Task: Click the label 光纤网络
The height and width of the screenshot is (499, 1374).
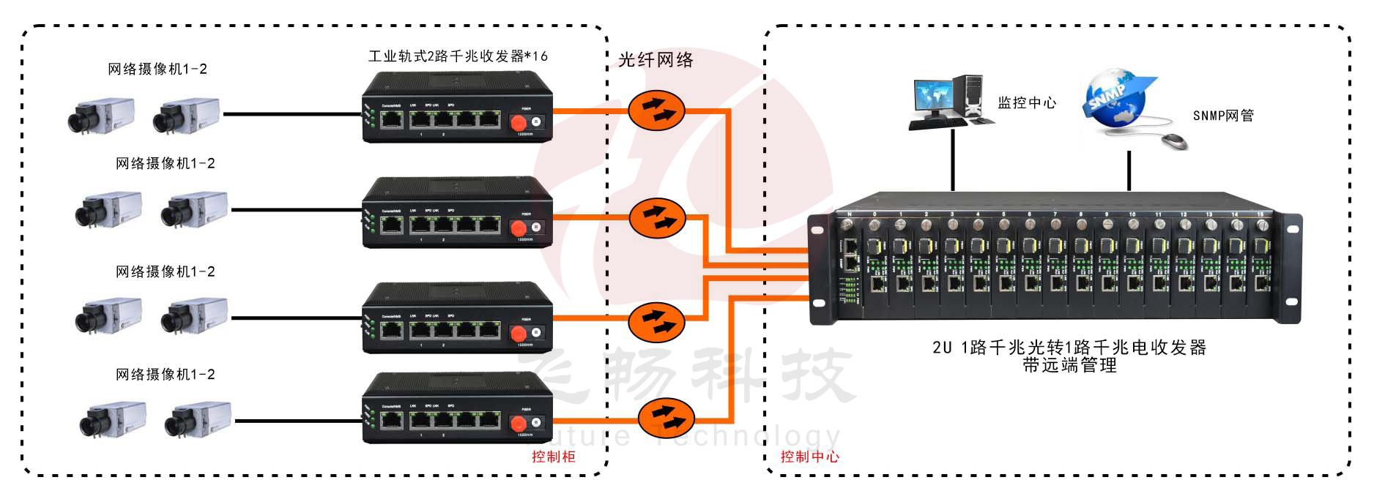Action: (x=656, y=60)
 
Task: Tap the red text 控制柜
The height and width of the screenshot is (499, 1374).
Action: (x=554, y=457)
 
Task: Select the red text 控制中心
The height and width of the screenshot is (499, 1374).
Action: (x=809, y=457)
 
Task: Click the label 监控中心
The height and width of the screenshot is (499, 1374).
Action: (x=1027, y=103)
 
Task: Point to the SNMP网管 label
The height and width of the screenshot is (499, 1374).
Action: (x=1223, y=116)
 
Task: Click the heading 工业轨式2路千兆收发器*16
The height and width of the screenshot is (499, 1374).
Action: (x=458, y=56)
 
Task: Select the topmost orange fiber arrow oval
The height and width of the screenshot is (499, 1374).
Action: (x=656, y=110)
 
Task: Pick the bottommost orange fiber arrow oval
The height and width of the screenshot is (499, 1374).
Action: (x=666, y=418)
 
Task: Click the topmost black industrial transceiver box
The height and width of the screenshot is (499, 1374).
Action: (x=457, y=107)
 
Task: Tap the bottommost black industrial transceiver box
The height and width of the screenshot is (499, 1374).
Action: (x=457, y=408)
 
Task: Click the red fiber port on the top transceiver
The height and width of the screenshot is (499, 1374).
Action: (x=519, y=121)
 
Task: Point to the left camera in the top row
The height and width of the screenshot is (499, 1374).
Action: (x=100, y=116)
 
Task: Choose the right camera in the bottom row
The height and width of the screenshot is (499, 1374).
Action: (x=197, y=419)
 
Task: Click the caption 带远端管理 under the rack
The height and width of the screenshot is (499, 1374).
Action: (x=1069, y=365)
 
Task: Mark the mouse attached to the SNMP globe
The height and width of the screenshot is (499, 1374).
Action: (x=1174, y=140)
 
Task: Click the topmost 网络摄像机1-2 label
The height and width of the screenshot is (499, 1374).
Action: (x=157, y=70)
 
